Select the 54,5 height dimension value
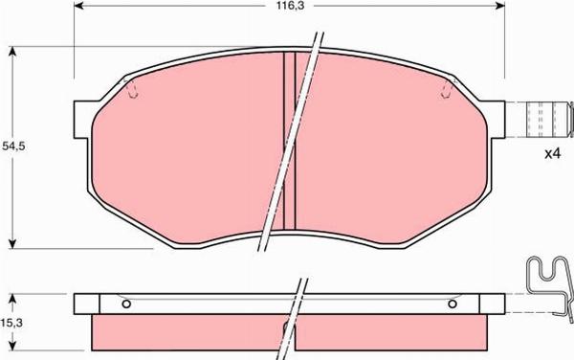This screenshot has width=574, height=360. click(12, 146)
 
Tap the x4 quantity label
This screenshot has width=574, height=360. click(551, 153)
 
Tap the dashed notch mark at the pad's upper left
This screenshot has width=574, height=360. click(133, 91)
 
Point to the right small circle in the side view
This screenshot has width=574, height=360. click(453, 304)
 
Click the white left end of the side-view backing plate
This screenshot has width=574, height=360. click(85, 304)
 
